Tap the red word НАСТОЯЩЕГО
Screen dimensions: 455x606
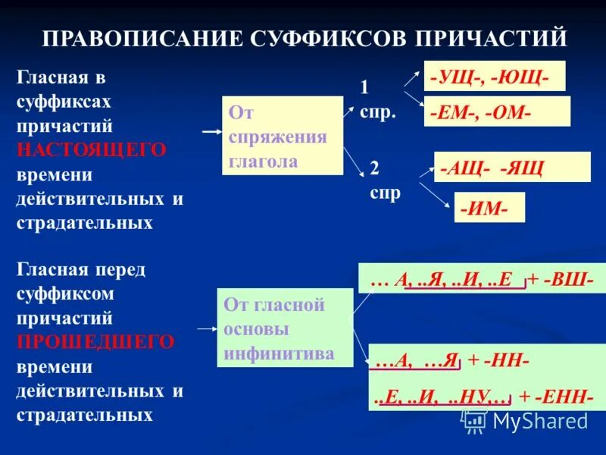tap(91, 150)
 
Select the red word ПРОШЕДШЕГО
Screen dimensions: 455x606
tap(95, 342)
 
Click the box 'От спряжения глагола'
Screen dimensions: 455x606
tap(282, 136)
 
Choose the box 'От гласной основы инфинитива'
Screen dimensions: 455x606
tap(285, 328)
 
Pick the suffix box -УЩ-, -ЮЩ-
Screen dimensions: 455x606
tap(494, 76)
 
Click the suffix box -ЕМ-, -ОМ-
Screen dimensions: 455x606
tap(497, 111)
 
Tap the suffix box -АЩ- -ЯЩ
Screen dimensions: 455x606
tap(512, 167)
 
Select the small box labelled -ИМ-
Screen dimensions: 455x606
tap(489, 207)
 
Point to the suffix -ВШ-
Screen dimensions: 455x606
tap(573, 278)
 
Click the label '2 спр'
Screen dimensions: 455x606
tap(385, 180)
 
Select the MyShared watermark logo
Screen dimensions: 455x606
tap(526, 420)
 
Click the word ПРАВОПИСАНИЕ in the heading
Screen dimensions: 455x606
tap(141, 36)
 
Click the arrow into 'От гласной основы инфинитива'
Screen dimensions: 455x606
tap(206, 328)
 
